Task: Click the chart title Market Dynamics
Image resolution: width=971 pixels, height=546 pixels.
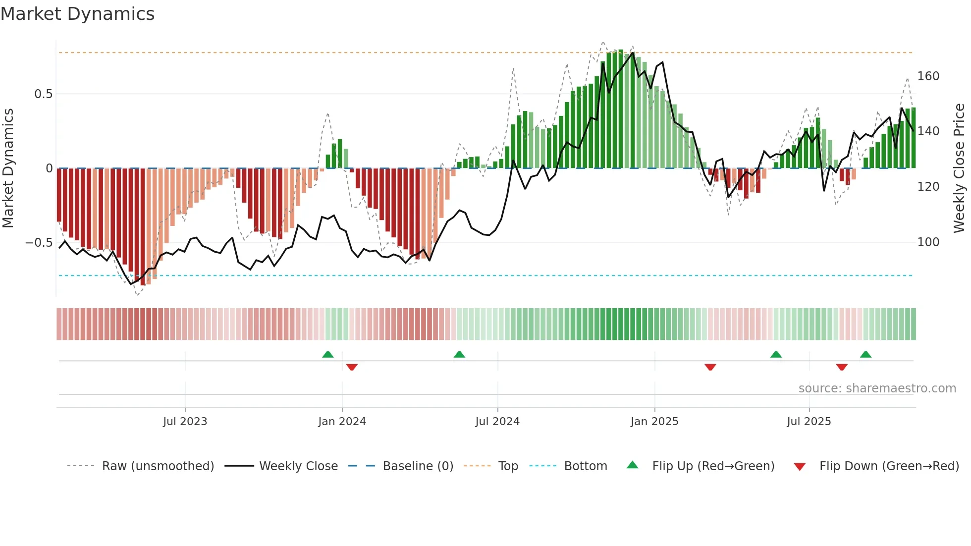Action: pyautogui.click(x=78, y=14)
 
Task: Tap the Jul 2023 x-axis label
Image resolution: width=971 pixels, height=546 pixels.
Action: pyautogui.click(x=185, y=422)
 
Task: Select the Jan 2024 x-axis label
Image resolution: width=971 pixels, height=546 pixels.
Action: pyautogui.click(x=342, y=422)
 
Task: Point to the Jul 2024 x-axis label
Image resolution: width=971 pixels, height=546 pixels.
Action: pyautogui.click(x=497, y=422)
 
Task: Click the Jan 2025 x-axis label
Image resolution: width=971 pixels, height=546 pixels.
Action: pyautogui.click(x=654, y=422)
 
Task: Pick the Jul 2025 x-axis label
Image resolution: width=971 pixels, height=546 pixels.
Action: pyautogui.click(x=809, y=422)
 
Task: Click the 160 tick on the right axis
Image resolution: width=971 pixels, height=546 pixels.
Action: pyautogui.click(x=928, y=76)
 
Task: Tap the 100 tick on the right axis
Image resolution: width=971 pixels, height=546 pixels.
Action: pyautogui.click(x=928, y=242)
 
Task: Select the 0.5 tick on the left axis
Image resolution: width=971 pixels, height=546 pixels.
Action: pyautogui.click(x=43, y=94)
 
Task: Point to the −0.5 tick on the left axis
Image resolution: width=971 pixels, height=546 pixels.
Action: pyautogui.click(x=39, y=243)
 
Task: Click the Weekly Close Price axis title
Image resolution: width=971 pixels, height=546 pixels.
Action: pyautogui.click(x=960, y=168)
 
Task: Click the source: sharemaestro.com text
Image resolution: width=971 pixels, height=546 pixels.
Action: pyautogui.click(x=877, y=388)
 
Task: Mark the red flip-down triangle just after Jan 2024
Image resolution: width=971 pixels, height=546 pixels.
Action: pyautogui.click(x=352, y=367)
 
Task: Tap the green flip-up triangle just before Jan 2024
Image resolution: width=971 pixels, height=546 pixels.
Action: pyautogui.click(x=327, y=355)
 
